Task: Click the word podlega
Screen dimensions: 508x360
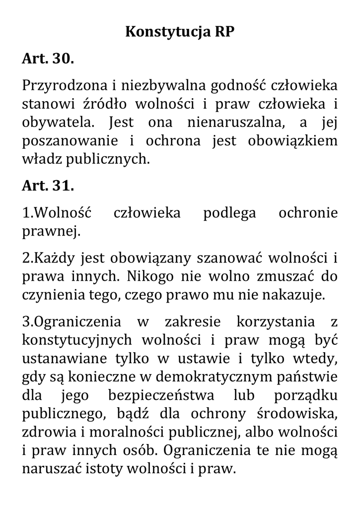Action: coord(229,213)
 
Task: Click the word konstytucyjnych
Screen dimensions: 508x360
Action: coord(77,340)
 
